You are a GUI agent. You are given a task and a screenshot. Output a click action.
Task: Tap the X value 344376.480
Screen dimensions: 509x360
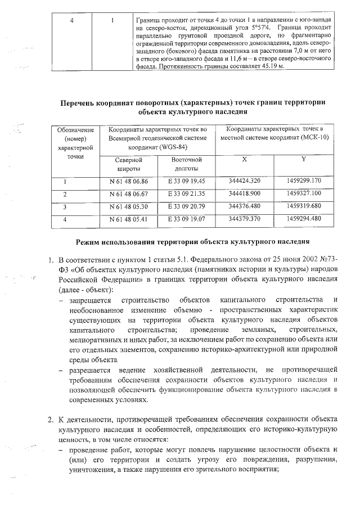[x=245, y=206]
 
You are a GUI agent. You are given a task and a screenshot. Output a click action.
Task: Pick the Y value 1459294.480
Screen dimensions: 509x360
[x=303, y=219]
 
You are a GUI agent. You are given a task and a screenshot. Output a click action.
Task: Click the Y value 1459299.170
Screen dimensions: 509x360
[x=303, y=182]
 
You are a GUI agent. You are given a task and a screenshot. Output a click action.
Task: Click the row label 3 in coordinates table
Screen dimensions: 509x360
[x=65, y=206]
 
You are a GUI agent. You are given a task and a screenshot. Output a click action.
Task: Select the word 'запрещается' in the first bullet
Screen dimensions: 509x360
[x=90, y=298]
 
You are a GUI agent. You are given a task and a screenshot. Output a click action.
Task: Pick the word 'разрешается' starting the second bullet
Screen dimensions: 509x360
[x=90, y=369]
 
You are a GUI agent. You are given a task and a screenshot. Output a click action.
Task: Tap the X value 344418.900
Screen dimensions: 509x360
[x=245, y=194]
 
